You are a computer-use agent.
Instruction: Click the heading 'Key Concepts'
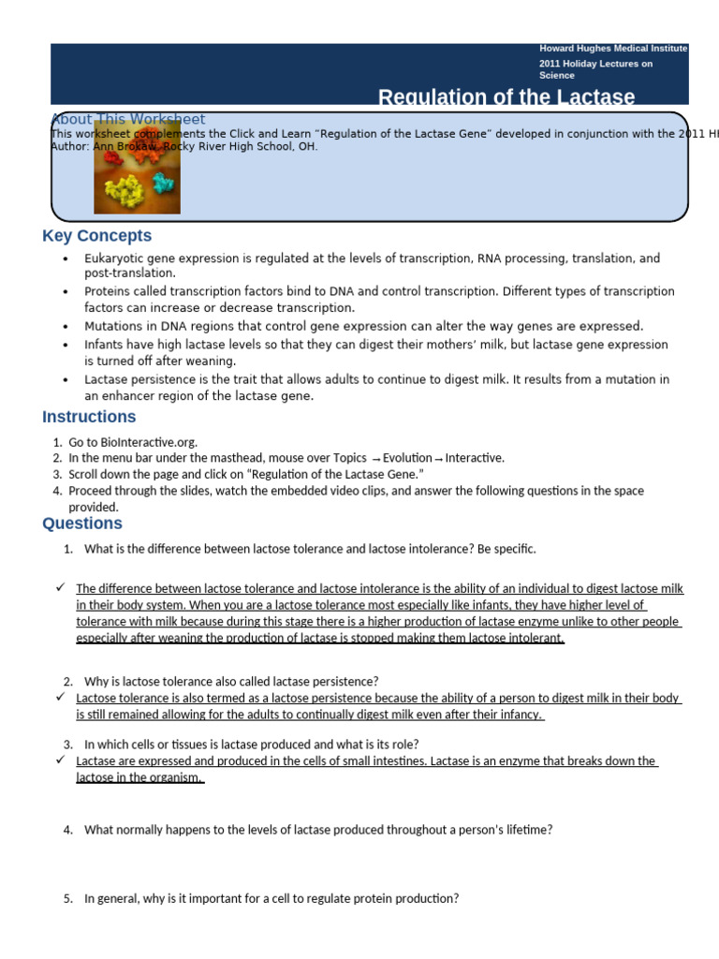(96, 236)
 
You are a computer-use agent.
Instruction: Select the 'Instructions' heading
(89, 417)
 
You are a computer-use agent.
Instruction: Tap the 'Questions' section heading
(82, 524)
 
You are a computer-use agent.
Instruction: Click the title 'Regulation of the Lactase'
(506, 97)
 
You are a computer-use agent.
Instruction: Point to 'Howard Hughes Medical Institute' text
(613, 48)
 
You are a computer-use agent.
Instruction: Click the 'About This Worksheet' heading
(127, 119)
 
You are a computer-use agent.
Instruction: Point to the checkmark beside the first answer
(60, 587)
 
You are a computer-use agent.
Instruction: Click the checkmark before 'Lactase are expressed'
(60, 760)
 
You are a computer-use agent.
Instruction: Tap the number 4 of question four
(68, 830)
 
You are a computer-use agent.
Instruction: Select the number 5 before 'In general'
(68, 899)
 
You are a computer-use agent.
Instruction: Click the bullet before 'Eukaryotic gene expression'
(65, 258)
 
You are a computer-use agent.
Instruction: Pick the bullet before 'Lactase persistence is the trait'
(65, 380)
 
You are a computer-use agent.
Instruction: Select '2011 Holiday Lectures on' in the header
(595, 64)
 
